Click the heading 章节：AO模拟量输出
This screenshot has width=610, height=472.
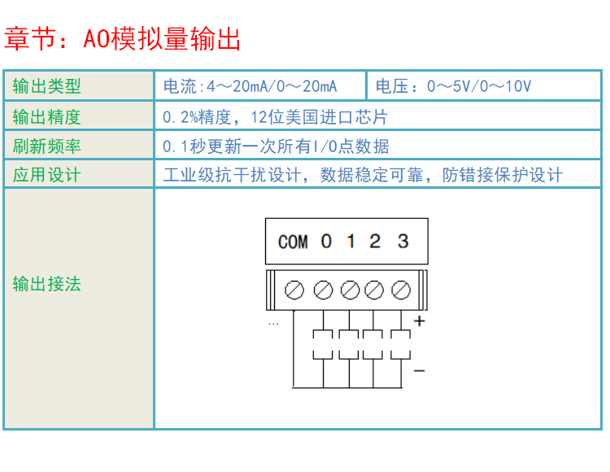pyautogui.click(x=122, y=38)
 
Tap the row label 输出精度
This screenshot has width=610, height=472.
pyautogui.click(x=46, y=117)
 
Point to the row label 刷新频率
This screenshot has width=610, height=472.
pyautogui.click(x=46, y=146)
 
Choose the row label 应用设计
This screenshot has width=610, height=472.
pyautogui.click(x=46, y=175)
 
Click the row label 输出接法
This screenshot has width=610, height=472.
pyautogui.click(x=46, y=284)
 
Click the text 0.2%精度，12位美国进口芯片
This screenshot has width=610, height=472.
pyautogui.click(x=275, y=117)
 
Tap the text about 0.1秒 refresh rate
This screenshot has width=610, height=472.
pyautogui.click(x=276, y=146)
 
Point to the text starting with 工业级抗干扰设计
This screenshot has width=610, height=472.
pyautogui.click(x=363, y=175)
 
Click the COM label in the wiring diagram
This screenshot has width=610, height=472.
pyautogui.click(x=293, y=242)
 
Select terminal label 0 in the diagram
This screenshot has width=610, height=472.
pyautogui.click(x=326, y=241)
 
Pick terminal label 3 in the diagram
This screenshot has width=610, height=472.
pyautogui.click(x=403, y=241)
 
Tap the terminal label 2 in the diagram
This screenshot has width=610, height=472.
pyautogui.click(x=375, y=241)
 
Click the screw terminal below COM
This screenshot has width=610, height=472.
pyautogui.click(x=294, y=290)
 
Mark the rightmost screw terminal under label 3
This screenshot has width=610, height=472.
pyautogui.click(x=400, y=290)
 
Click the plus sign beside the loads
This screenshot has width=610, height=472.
pyautogui.click(x=420, y=321)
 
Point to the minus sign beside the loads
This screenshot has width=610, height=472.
pyautogui.click(x=420, y=371)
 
